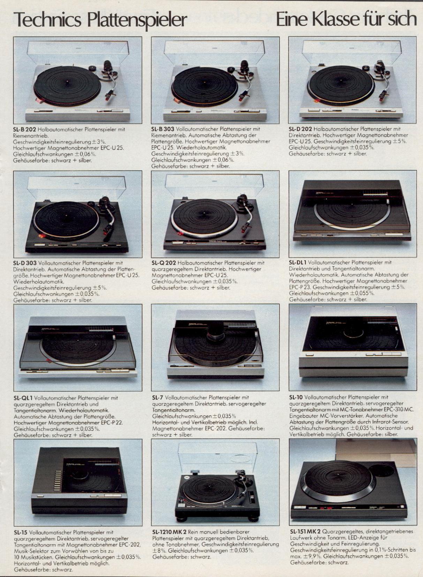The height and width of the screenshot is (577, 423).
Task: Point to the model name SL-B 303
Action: pyautogui.click(x=163, y=129)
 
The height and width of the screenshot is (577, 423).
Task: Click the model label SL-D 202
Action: pyautogui.click(x=301, y=129)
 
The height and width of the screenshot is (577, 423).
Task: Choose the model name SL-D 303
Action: pyautogui.click(x=25, y=263)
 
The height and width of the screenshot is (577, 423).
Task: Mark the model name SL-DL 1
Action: pyautogui.click(x=297, y=263)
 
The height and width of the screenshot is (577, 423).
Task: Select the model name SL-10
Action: pyautogui.click(x=296, y=397)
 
